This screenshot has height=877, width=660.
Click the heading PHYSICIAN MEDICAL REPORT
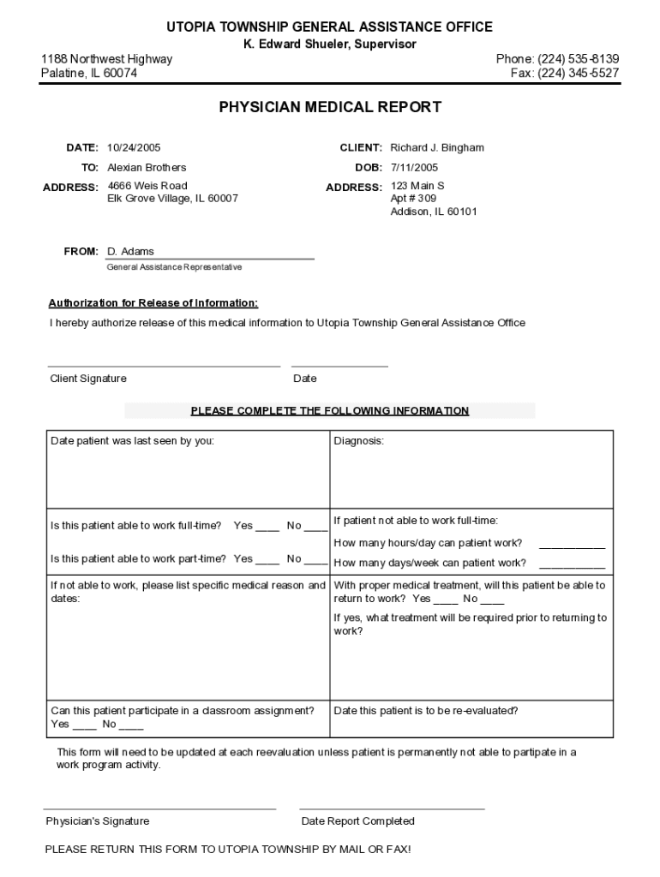(x=330, y=107)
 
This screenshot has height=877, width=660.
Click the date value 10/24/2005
(x=134, y=147)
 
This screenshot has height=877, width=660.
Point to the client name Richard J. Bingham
(x=437, y=147)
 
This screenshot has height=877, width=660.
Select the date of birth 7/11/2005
(x=414, y=167)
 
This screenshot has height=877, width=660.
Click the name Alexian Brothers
(x=147, y=167)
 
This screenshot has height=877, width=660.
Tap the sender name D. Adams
(x=130, y=251)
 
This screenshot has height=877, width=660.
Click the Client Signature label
(x=88, y=379)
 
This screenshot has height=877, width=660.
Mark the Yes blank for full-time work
(x=267, y=527)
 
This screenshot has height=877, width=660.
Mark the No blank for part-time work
(x=315, y=560)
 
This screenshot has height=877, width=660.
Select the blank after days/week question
(x=572, y=564)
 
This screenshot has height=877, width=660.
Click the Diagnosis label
(x=359, y=440)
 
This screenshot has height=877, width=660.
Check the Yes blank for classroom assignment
(x=84, y=725)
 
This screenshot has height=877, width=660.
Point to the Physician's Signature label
(x=98, y=820)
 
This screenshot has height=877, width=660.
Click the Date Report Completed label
(x=358, y=820)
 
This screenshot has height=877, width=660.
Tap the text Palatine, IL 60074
(x=89, y=73)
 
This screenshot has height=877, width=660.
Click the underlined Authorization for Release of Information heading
(x=153, y=302)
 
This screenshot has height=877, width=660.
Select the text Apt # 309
(x=414, y=198)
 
